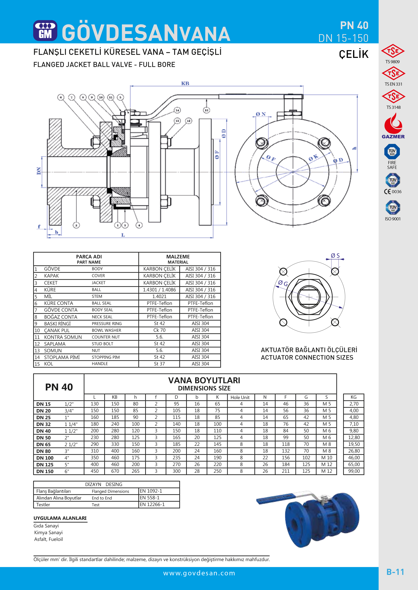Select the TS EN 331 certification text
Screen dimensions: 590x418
point(393,84)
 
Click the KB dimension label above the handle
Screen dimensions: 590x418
point(185,83)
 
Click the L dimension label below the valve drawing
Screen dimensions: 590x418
point(123,235)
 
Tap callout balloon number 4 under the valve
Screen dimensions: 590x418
point(139,225)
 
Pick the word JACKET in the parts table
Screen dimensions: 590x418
point(99,283)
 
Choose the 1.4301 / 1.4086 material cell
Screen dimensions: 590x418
point(159,290)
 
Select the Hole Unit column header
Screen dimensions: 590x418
point(240,397)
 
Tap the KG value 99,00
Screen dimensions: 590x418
point(354,471)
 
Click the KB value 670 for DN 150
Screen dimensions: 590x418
point(115,471)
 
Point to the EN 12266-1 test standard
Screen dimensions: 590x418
point(152,504)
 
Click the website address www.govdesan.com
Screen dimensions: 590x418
point(199,573)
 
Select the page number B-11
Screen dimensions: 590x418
point(395,572)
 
